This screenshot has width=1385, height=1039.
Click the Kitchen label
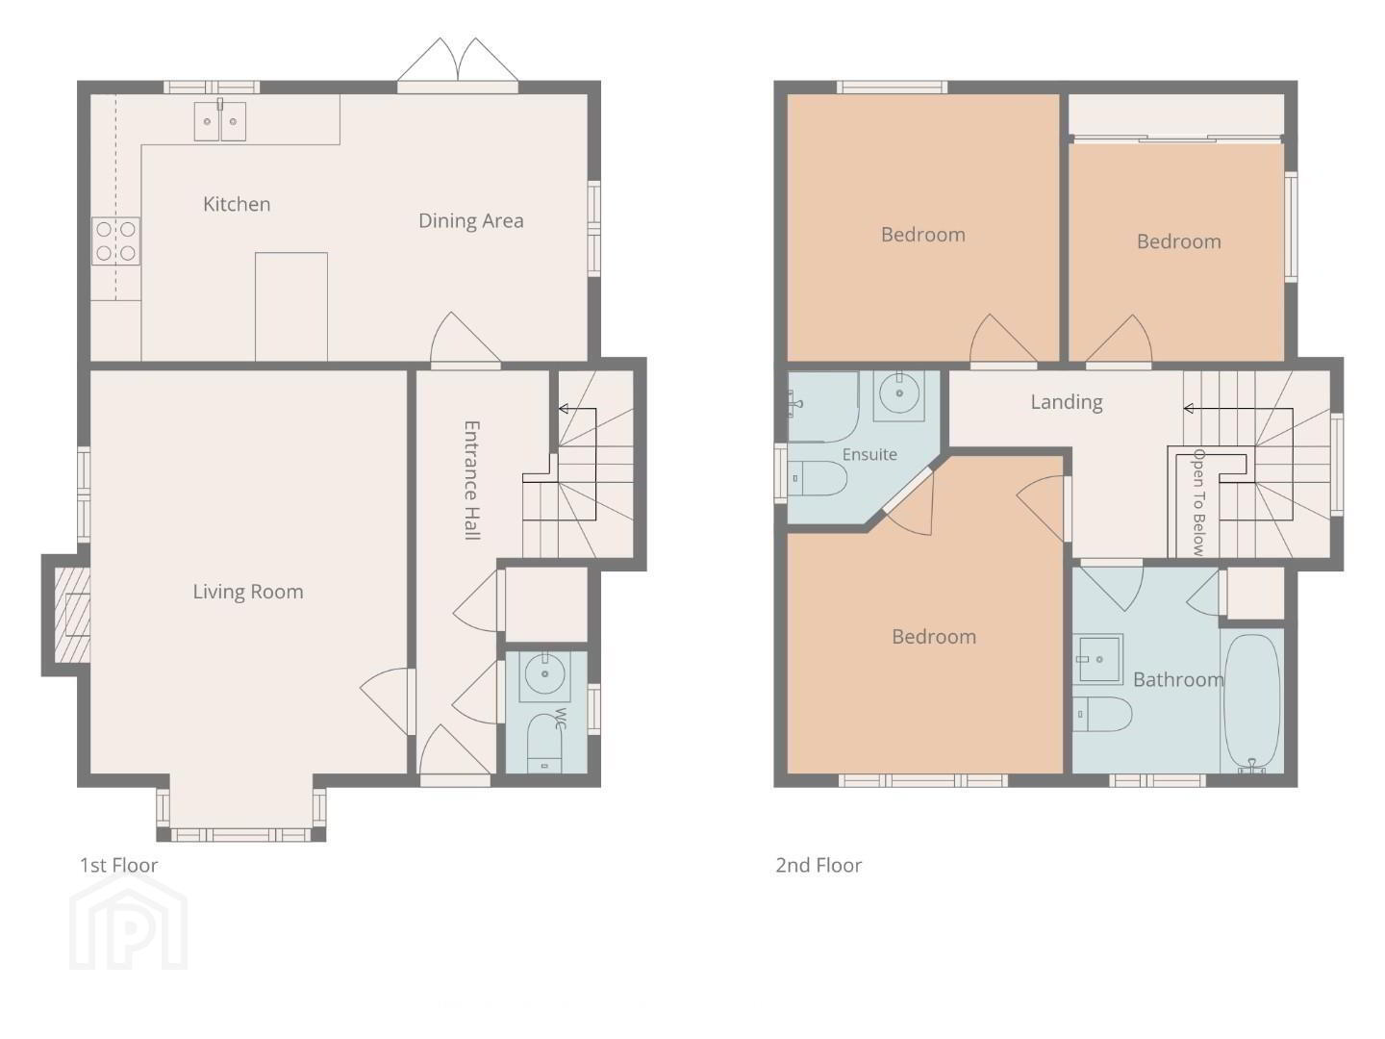pyautogui.click(x=237, y=204)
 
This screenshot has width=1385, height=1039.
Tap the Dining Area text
pyautogui.click(x=470, y=221)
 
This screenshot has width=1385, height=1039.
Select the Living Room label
pyautogui.click(x=248, y=592)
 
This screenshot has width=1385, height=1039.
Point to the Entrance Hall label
pyautogui.click(x=472, y=481)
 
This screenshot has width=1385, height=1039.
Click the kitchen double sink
pyautogui.click(x=219, y=120)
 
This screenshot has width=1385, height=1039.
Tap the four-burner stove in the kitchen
pyautogui.click(x=115, y=241)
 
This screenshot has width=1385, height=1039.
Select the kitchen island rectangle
pyautogui.click(x=291, y=307)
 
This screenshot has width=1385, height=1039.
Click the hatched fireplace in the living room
pyautogui.click(x=72, y=615)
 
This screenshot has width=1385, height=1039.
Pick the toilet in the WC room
pyautogui.click(x=544, y=743)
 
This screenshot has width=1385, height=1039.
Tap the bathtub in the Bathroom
pyautogui.click(x=1252, y=702)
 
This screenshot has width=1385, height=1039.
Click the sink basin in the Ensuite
pyautogui.click(x=899, y=394)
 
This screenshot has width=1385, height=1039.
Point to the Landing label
pyautogui.click(x=1067, y=402)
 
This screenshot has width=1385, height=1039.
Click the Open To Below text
pyautogui.click(x=1198, y=502)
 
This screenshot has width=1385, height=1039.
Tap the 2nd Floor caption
pyautogui.click(x=818, y=865)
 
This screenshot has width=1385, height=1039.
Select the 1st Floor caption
pyautogui.click(x=118, y=865)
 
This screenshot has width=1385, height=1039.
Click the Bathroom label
pyautogui.click(x=1178, y=679)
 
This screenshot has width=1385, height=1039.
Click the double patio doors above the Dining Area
pyautogui.click(x=458, y=65)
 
